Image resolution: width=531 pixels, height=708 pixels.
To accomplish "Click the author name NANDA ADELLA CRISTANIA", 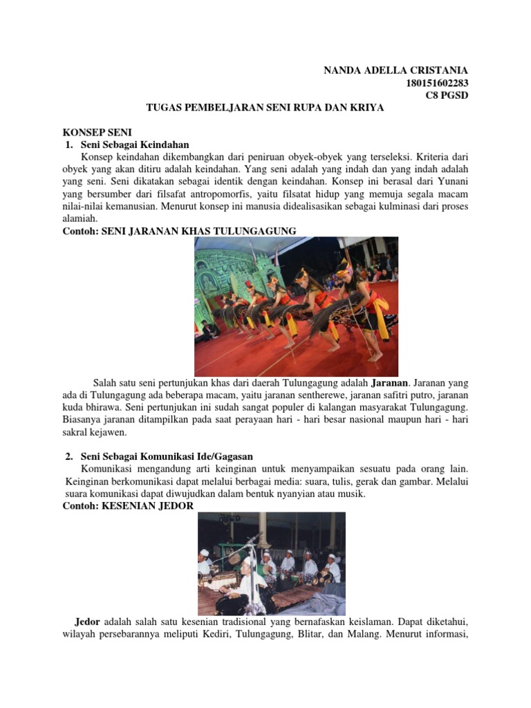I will point(396,71).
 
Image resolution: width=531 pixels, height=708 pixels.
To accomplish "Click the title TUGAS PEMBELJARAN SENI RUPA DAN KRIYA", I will point(265,108).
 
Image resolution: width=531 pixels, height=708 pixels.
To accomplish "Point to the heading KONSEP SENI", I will point(97,132).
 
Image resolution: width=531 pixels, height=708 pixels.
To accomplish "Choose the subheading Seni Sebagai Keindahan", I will point(135,145).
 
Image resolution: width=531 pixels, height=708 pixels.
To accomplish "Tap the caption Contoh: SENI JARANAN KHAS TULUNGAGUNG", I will point(179,230).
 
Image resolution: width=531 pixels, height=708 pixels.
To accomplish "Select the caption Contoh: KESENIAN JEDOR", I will point(128,506).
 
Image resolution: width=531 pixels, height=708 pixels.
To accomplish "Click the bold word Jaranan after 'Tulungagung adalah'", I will point(391,382).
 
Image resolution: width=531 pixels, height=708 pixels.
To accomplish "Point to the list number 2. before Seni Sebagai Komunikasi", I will point(70,456).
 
